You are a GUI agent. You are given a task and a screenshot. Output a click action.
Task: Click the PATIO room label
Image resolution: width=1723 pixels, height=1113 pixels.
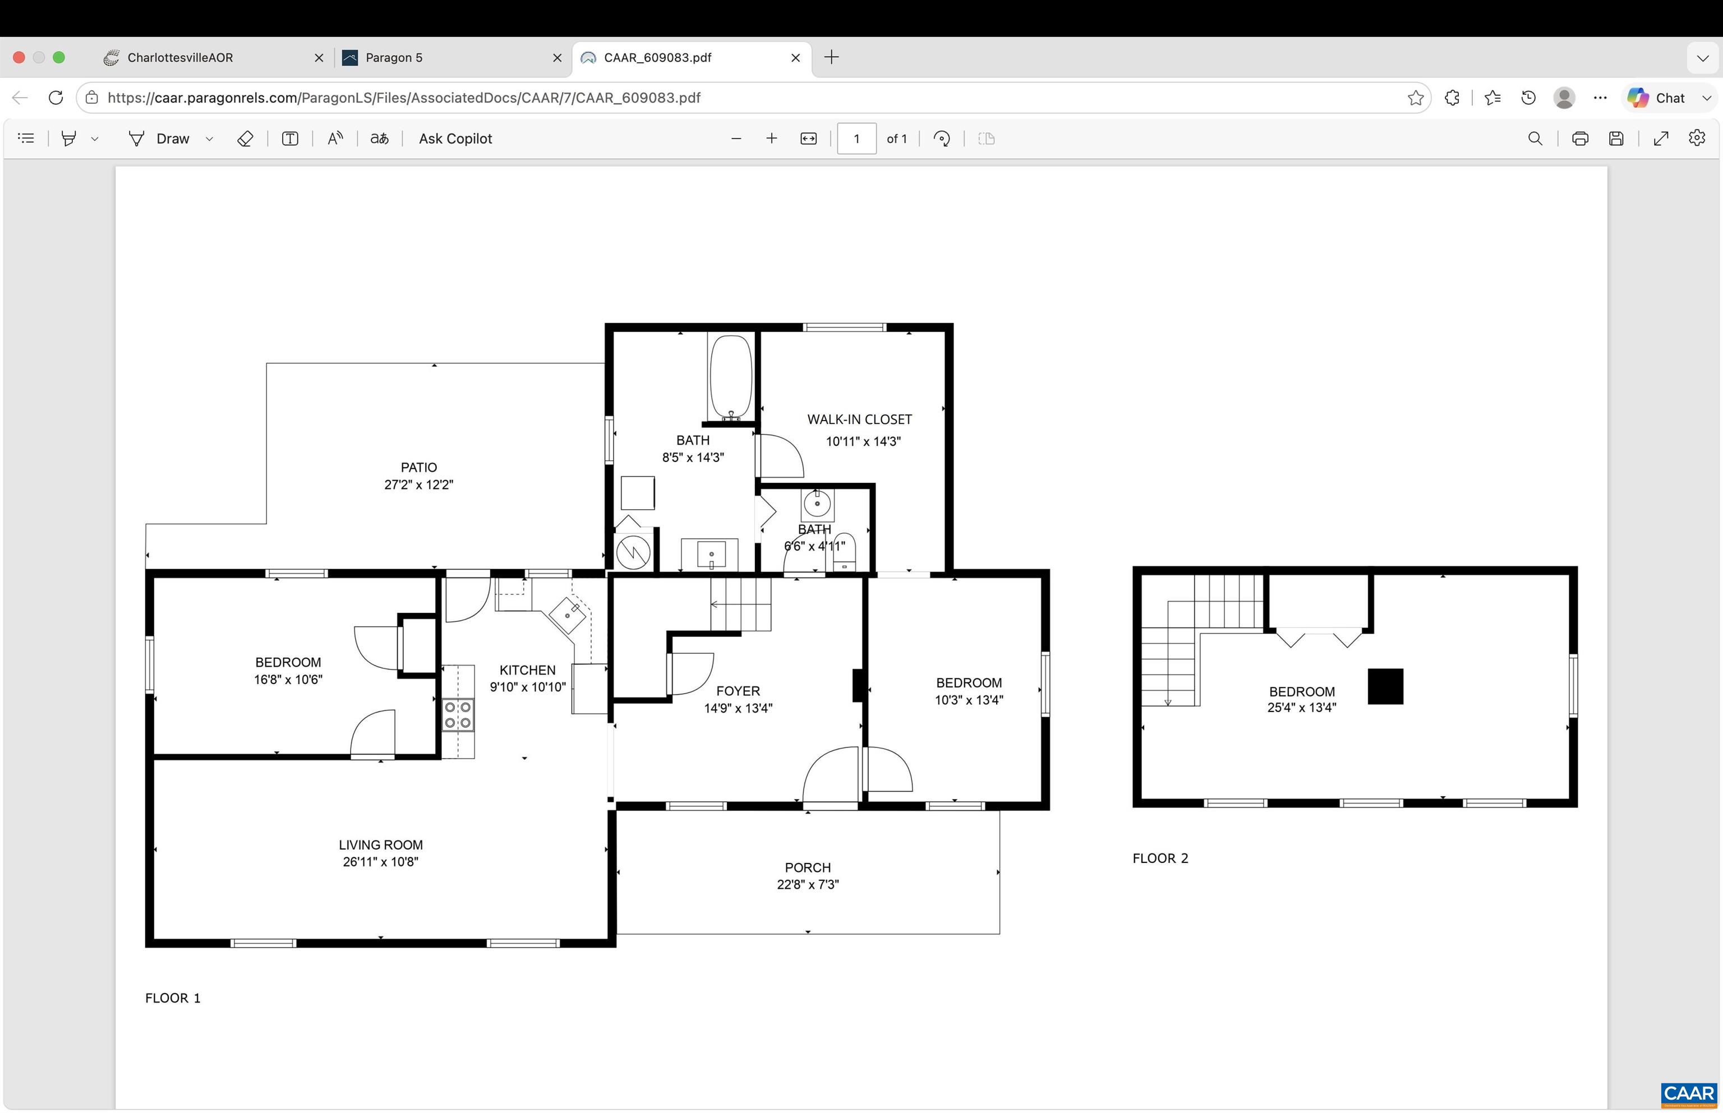tap(418, 468)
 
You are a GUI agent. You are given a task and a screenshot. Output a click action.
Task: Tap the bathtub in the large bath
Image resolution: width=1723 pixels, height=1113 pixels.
tap(731, 377)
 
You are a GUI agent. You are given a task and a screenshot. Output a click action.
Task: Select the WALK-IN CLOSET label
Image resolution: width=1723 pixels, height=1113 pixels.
tap(859, 419)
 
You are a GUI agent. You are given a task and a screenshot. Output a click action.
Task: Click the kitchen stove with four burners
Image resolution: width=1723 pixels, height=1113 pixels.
tap(458, 714)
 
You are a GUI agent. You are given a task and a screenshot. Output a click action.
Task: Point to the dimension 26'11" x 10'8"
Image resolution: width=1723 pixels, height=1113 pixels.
tap(380, 861)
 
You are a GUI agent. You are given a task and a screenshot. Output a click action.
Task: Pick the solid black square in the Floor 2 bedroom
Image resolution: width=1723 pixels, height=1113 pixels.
tap(1385, 686)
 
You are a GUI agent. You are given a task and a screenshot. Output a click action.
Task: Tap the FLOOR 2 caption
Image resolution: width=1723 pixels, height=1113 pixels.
tap(1160, 858)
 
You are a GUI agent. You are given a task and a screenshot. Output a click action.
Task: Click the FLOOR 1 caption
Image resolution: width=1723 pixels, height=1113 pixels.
tap(173, 998)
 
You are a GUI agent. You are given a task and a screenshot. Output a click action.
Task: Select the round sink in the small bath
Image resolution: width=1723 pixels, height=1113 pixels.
tap(817, 502)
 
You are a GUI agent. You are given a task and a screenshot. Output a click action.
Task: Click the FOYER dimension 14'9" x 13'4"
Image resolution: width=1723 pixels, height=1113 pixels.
tap(738, 708)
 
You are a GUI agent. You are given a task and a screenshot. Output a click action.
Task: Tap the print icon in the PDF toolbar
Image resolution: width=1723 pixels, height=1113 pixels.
tap(1580, 138)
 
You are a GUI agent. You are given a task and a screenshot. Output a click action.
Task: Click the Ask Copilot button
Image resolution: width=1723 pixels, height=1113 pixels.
tap(455, 138)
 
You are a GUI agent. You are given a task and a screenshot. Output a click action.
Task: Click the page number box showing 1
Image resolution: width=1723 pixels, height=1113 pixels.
tap(856, 138)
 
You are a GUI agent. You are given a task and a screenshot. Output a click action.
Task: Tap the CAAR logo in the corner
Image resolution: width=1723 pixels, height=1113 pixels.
tap(1688, 1094)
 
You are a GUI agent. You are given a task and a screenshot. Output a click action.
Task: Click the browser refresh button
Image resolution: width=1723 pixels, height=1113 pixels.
tap(56, 98)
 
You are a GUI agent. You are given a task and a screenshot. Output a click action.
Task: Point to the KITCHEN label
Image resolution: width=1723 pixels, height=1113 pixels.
tap(528, 670)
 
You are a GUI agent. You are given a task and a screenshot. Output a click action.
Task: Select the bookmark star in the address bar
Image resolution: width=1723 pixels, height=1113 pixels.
tap(1416, 98)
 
